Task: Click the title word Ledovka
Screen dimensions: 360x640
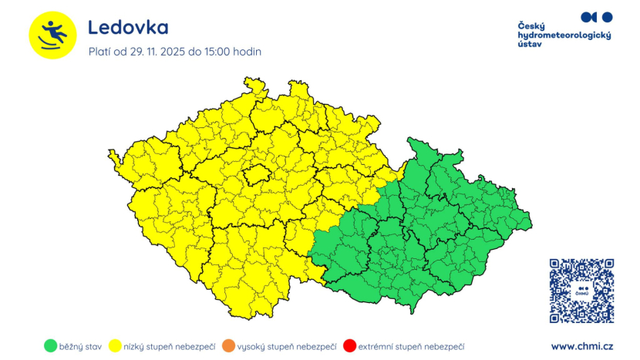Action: [x=128, y=28]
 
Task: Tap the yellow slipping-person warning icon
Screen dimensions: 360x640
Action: [x=52, y=35]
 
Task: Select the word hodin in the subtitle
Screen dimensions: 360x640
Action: [x=249, y=52]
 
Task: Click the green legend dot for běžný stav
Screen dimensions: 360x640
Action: [x=50, y=346]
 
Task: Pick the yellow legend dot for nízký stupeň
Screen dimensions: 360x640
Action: [x=118, y=346]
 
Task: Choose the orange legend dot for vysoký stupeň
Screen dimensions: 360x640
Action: [x=227, y=346]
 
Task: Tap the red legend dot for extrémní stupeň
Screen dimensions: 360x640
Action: [x=349, y=346]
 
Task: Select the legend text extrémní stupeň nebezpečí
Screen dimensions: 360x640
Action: [x=411, y=347]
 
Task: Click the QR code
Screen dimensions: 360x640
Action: [x=581, y=291]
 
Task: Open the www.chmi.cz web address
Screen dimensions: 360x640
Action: [x=582, y=347]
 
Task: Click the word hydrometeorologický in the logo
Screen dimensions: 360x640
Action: [x=564, y=36]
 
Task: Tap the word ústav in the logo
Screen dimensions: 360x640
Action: [x=530, y=45]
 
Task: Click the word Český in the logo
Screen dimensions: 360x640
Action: [x=531, y=26]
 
